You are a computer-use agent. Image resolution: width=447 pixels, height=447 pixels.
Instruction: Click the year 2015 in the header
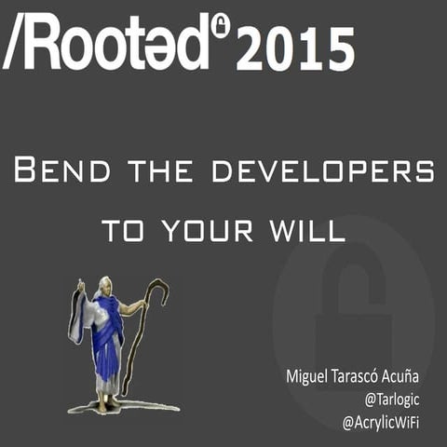(x=294, y=48)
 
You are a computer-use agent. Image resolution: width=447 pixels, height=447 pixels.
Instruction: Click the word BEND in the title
(x=60, y=173)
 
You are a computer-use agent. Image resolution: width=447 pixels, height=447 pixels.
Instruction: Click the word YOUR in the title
(x=200, y=230)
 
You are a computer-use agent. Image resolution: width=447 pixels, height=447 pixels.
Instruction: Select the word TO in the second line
(x=121, y=230)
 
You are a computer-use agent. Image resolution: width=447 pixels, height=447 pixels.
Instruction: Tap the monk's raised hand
(x=81, y=284)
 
